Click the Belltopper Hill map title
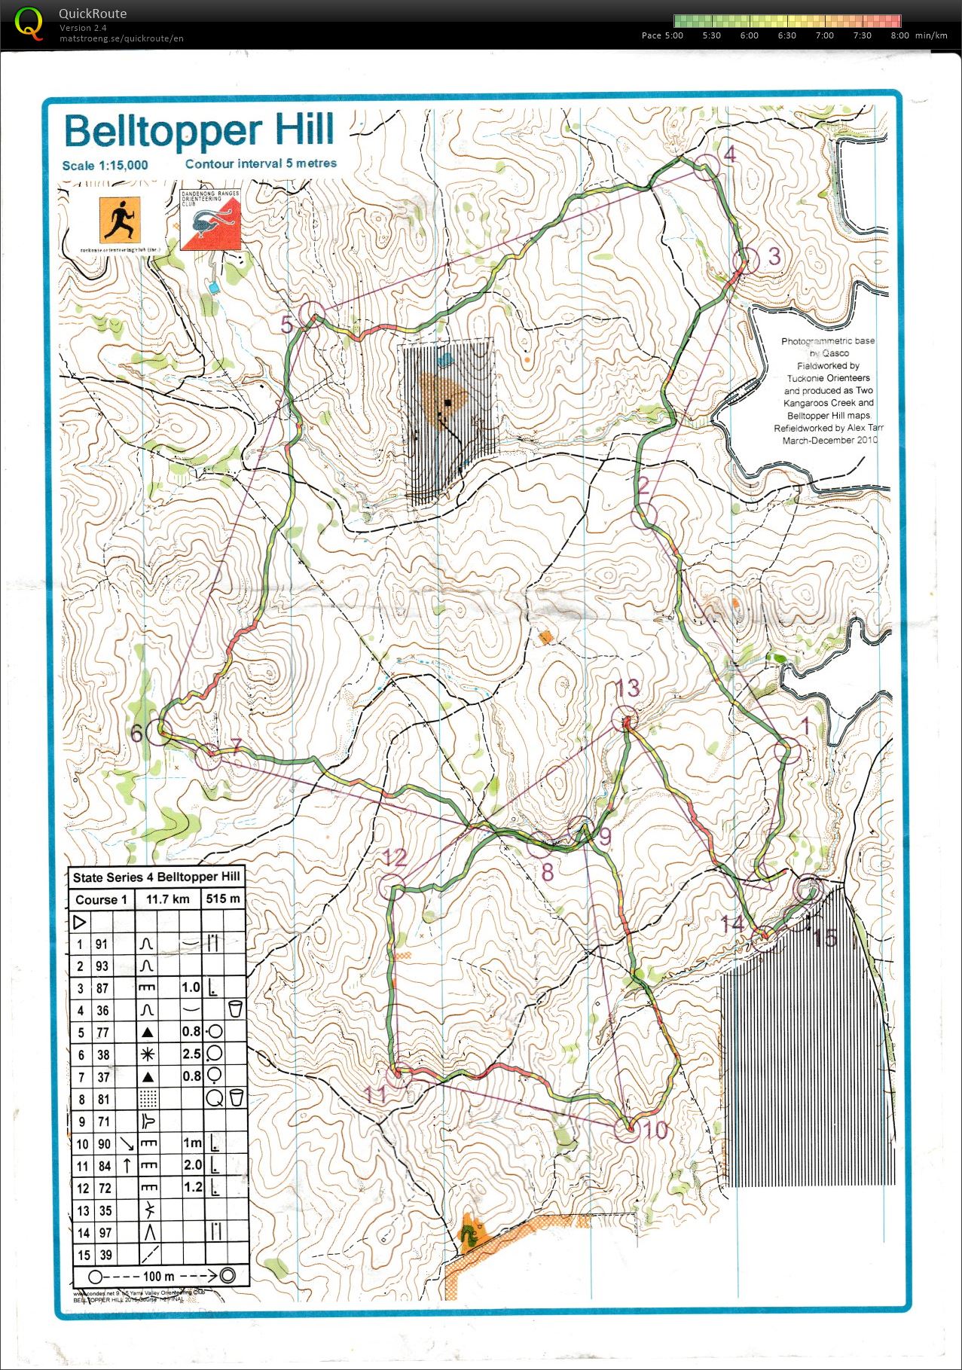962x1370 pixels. coord(199,131)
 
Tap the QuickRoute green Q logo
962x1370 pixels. coord(29,23)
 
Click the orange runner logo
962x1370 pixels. coord(120,220)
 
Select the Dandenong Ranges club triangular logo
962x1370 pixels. coord(210,220)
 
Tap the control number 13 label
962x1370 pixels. coord(627,688)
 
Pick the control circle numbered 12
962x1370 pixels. coord(392,886)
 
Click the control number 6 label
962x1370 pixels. coord(136,733)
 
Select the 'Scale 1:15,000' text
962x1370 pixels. coord(105,166)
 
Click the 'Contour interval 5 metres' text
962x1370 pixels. coord(261,163)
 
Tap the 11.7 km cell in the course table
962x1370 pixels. coord(167,899)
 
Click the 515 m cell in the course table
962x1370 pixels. coord(223,899)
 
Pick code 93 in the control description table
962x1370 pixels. coord(102,966)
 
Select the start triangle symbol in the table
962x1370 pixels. coord(80,922)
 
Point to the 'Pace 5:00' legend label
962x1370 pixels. coord(662,35)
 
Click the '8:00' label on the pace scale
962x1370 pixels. coord(899,35)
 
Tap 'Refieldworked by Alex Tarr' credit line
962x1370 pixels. coord(829,428)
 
